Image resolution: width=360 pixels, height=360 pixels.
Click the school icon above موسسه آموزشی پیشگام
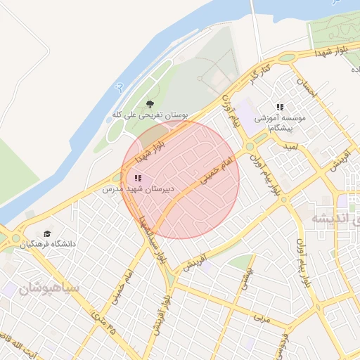coord(280,107)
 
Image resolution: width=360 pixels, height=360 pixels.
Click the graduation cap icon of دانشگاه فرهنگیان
coord(47,233)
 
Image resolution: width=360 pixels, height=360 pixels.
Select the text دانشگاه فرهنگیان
coord(48,244)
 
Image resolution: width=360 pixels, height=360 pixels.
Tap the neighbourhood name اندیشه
coord(330,219)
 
